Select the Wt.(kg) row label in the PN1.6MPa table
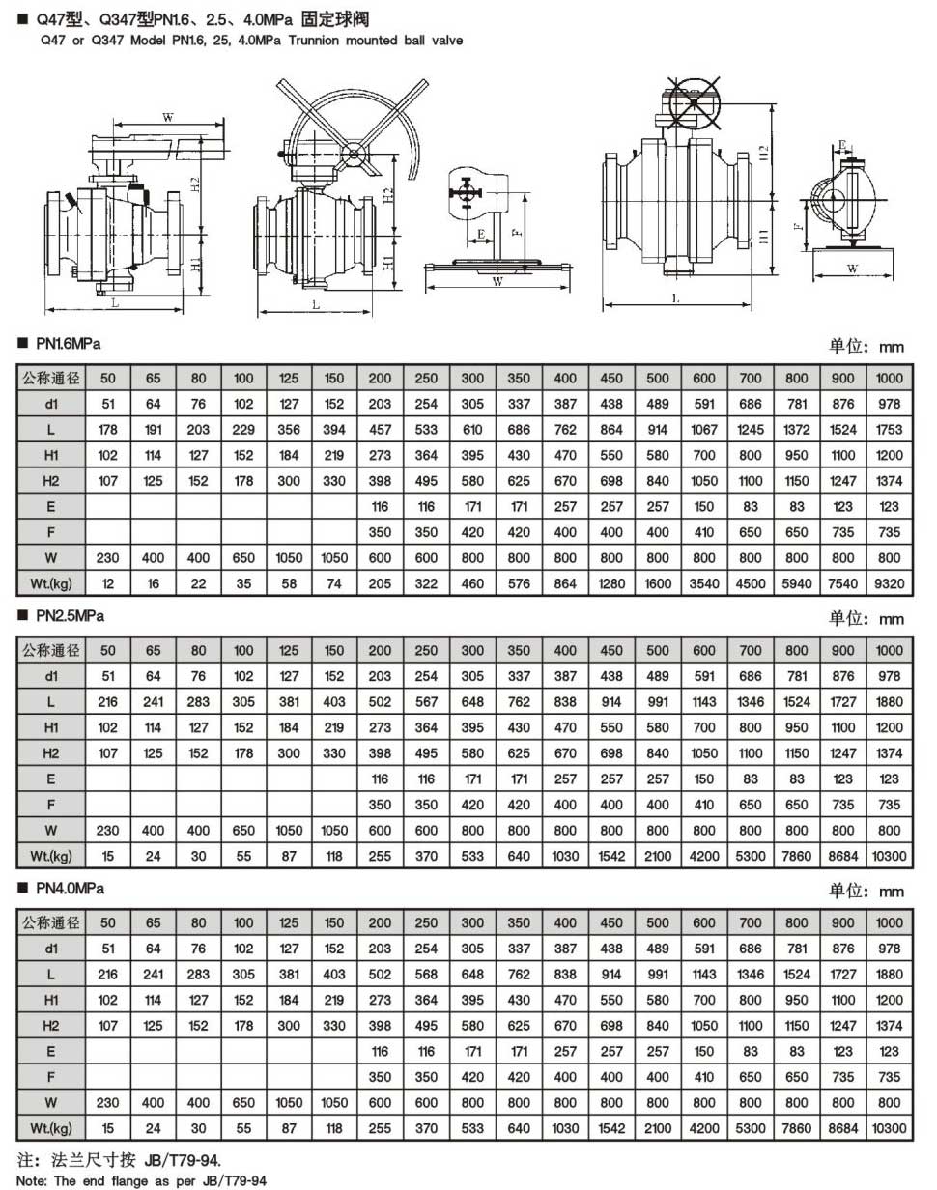pos(51,582)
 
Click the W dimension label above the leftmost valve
pos(167,118)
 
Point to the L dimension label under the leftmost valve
pos(114,303)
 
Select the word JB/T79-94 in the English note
pos(233,1181)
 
